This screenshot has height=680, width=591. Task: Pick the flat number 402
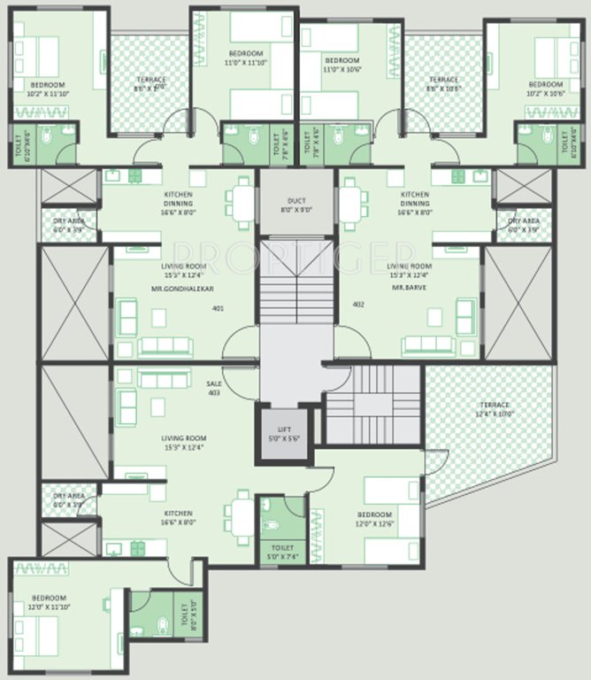point(358,305)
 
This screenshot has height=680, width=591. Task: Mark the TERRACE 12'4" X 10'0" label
point(492,409)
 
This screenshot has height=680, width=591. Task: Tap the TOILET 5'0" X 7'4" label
point(282,552)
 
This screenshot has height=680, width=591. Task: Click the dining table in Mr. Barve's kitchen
point(352,205)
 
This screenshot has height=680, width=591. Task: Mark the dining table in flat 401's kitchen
point(242,205)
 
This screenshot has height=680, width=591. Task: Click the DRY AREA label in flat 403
point(69,499)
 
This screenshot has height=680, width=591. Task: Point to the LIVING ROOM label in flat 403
point(184,443)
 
